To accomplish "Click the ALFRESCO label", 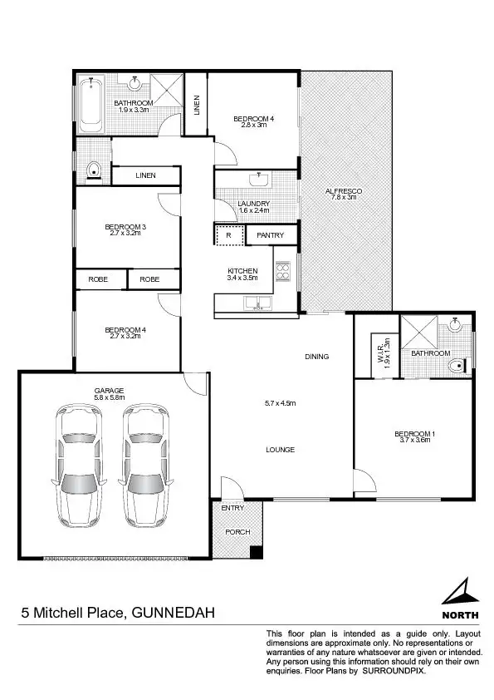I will (x=345, y=191).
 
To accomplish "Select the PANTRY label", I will (x=270, y=236).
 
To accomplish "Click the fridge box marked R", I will (x=228, y=236).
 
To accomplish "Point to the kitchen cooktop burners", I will (x=283, y=273).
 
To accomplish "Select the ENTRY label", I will (x=232, y=508).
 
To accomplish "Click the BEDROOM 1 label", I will (x=413, y=434).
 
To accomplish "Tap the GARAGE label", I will (x=110, y=390).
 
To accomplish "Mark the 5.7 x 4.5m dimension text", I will (x=280, y=403).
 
